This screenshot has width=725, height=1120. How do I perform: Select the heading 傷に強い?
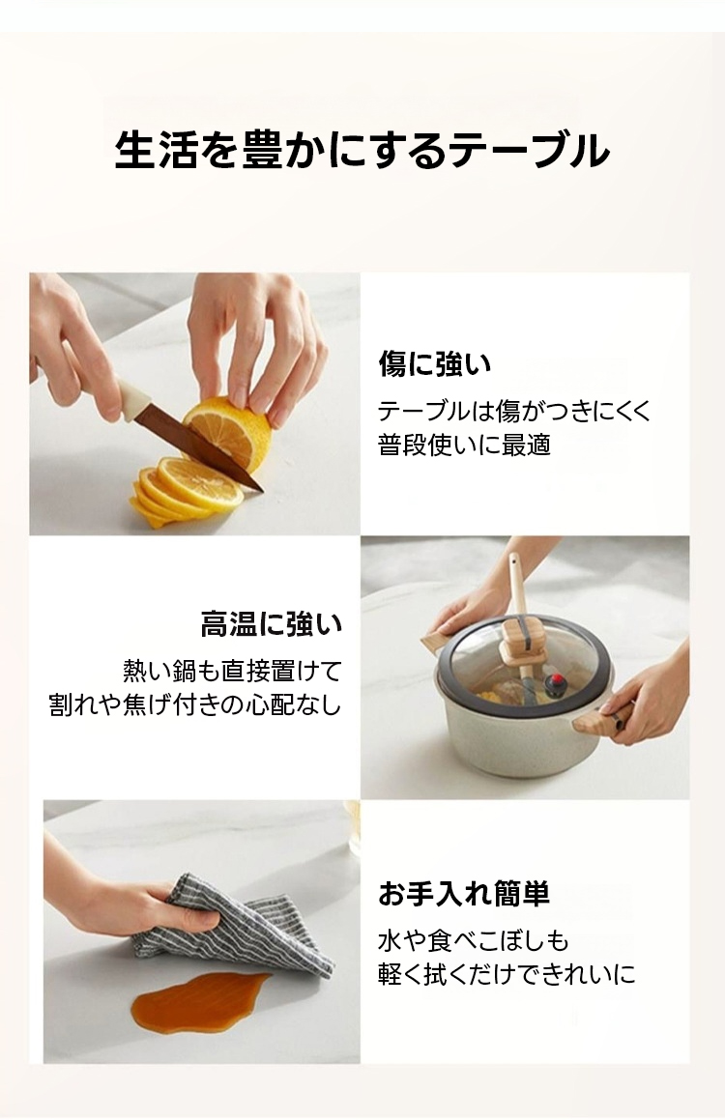(434, 364)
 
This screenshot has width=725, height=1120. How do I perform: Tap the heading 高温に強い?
(272, 624)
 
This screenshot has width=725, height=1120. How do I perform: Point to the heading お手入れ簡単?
(464, 894)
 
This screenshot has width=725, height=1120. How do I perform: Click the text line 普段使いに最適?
(464, 445)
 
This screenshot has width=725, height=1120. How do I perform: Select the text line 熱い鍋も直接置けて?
(233, 671)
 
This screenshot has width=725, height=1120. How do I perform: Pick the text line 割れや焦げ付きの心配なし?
(195, 705)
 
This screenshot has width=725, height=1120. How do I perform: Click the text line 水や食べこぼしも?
(474, 940)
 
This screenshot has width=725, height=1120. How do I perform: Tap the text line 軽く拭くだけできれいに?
(507, 974)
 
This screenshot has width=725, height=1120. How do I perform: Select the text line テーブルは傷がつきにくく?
(514, 411)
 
